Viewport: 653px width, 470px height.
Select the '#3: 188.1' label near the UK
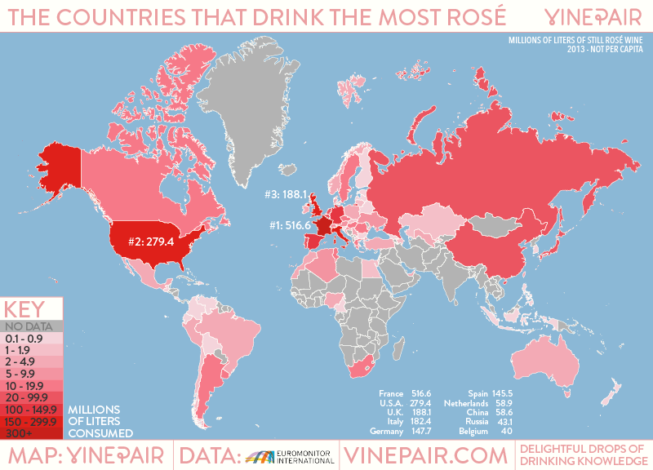coord(285,195)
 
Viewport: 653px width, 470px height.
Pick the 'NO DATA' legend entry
coord(29,326)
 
